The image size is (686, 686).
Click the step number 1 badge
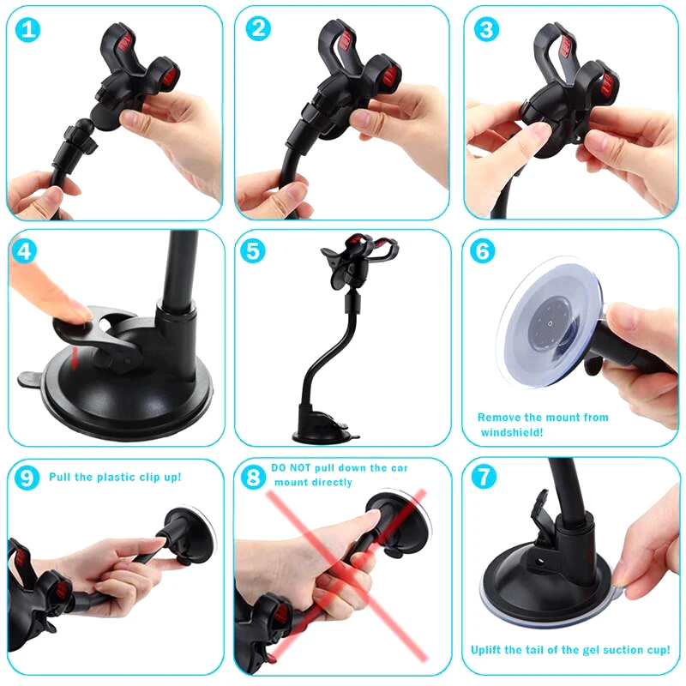coord(29,29)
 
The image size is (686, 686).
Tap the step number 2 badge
coord(258,29)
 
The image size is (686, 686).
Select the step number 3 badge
coord(487,29)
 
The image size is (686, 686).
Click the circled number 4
coord(27,251)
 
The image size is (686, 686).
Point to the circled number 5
coord(256,251)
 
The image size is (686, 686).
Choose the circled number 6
coord(484,251)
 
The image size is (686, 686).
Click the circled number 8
coord(253,478)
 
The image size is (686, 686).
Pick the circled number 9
coord(27,478)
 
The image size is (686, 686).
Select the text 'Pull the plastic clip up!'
coord(115,476)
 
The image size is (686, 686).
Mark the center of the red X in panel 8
coord(343,570)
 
